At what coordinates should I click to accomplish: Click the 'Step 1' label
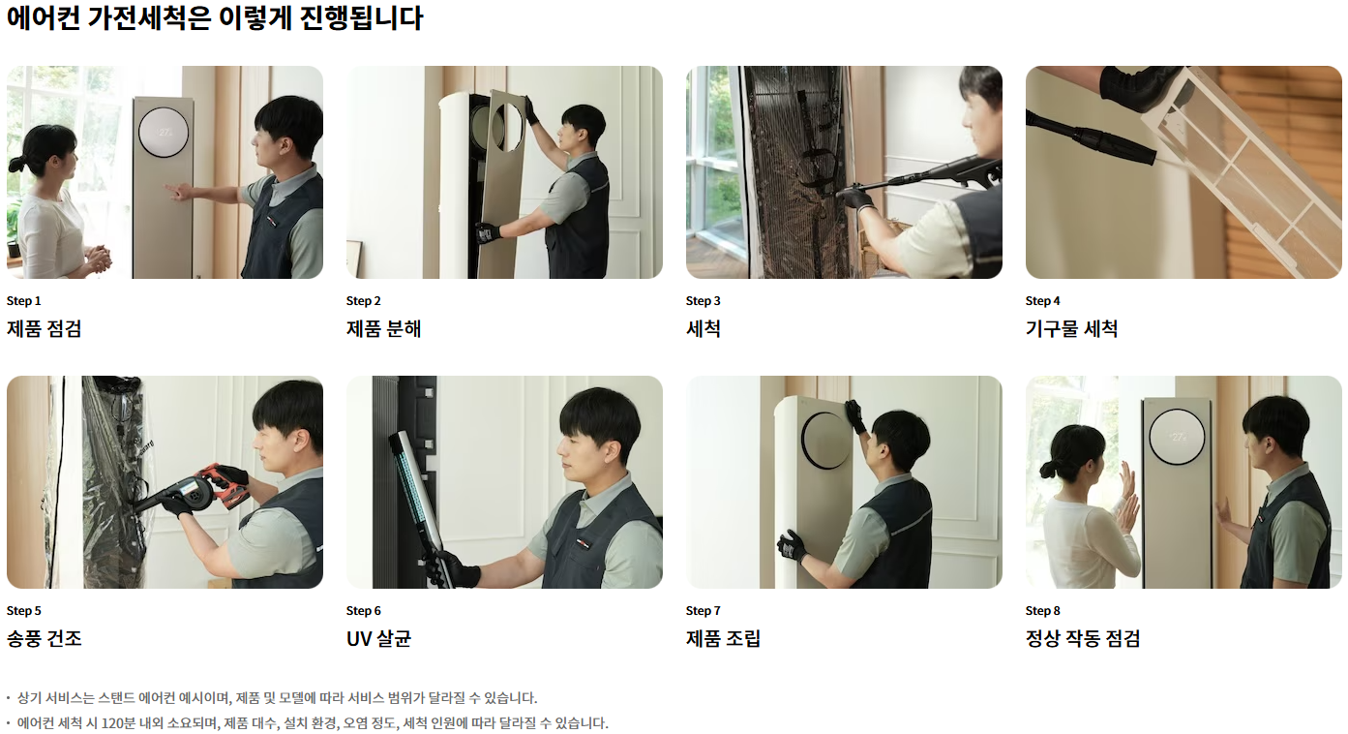tap(23, 300)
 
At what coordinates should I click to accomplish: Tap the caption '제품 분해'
tap(383, 329)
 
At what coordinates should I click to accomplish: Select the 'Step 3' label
tap(703, 300)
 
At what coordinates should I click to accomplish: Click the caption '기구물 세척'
tap(1071, 329)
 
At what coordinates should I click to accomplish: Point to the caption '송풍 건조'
tap(44, 638)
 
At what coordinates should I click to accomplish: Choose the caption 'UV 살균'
tap(378, 638)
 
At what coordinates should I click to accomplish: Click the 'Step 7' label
tap(703, 611)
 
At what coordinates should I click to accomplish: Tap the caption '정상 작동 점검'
tap(1083, 638)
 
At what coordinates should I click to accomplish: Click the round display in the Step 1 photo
tap(164, 133)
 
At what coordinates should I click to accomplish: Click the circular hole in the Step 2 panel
tap(507, 127)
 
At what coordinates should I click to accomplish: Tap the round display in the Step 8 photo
tap(1177, 437)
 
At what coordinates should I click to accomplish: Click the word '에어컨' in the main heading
tap(44, 17)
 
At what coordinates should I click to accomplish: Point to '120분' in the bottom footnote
tap(118, 722)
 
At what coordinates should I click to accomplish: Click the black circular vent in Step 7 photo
tap(824, 441)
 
